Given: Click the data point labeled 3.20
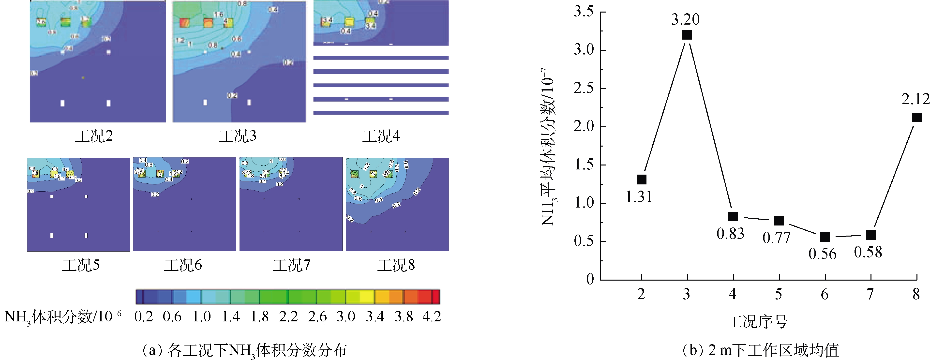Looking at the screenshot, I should point(687,35).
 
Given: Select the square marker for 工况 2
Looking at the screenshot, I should point(642,180).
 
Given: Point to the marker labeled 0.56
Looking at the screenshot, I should point(825,237).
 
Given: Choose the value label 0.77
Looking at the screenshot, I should point(776,238).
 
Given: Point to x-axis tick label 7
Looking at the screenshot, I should point(870,294).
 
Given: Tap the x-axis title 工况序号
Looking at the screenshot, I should point(757,322).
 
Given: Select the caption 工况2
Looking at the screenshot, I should point(94,136).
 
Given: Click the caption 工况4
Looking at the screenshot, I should point(381,136).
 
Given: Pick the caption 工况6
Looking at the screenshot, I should point(183,265).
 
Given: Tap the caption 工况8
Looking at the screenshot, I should point(396,265).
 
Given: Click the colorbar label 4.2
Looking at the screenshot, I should point(432,317).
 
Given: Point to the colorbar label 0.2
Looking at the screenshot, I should point(144,317).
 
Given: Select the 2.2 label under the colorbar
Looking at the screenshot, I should point(288,317).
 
